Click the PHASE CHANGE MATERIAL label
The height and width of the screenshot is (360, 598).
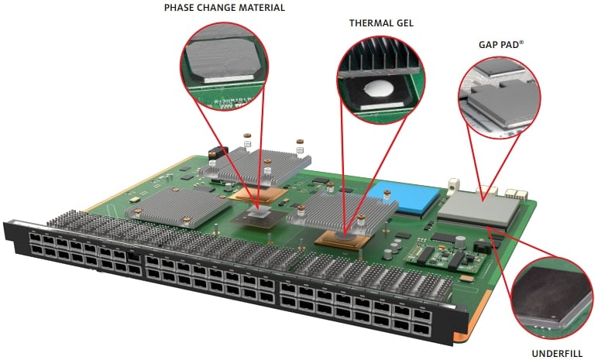[225, 8]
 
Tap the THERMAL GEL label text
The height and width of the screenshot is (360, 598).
[381, 23]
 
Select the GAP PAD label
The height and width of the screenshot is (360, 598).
[500, 45]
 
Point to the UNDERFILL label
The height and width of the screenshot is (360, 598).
[557, 354]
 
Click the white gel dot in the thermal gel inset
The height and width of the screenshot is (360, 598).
[378, 88]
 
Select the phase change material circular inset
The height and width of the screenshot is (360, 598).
[225, 66]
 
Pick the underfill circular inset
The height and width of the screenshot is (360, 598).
[552, 298]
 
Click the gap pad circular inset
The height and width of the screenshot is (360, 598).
[500, 98]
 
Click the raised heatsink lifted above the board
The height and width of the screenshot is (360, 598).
[256, 165]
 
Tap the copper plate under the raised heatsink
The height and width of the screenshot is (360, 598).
[258, 194]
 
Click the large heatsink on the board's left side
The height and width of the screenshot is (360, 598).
[179, 208]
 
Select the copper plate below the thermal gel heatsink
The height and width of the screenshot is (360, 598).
[342, 240]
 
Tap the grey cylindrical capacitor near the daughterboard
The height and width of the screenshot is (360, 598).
[460, 242]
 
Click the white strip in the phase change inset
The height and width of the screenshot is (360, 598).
[229, 79]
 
